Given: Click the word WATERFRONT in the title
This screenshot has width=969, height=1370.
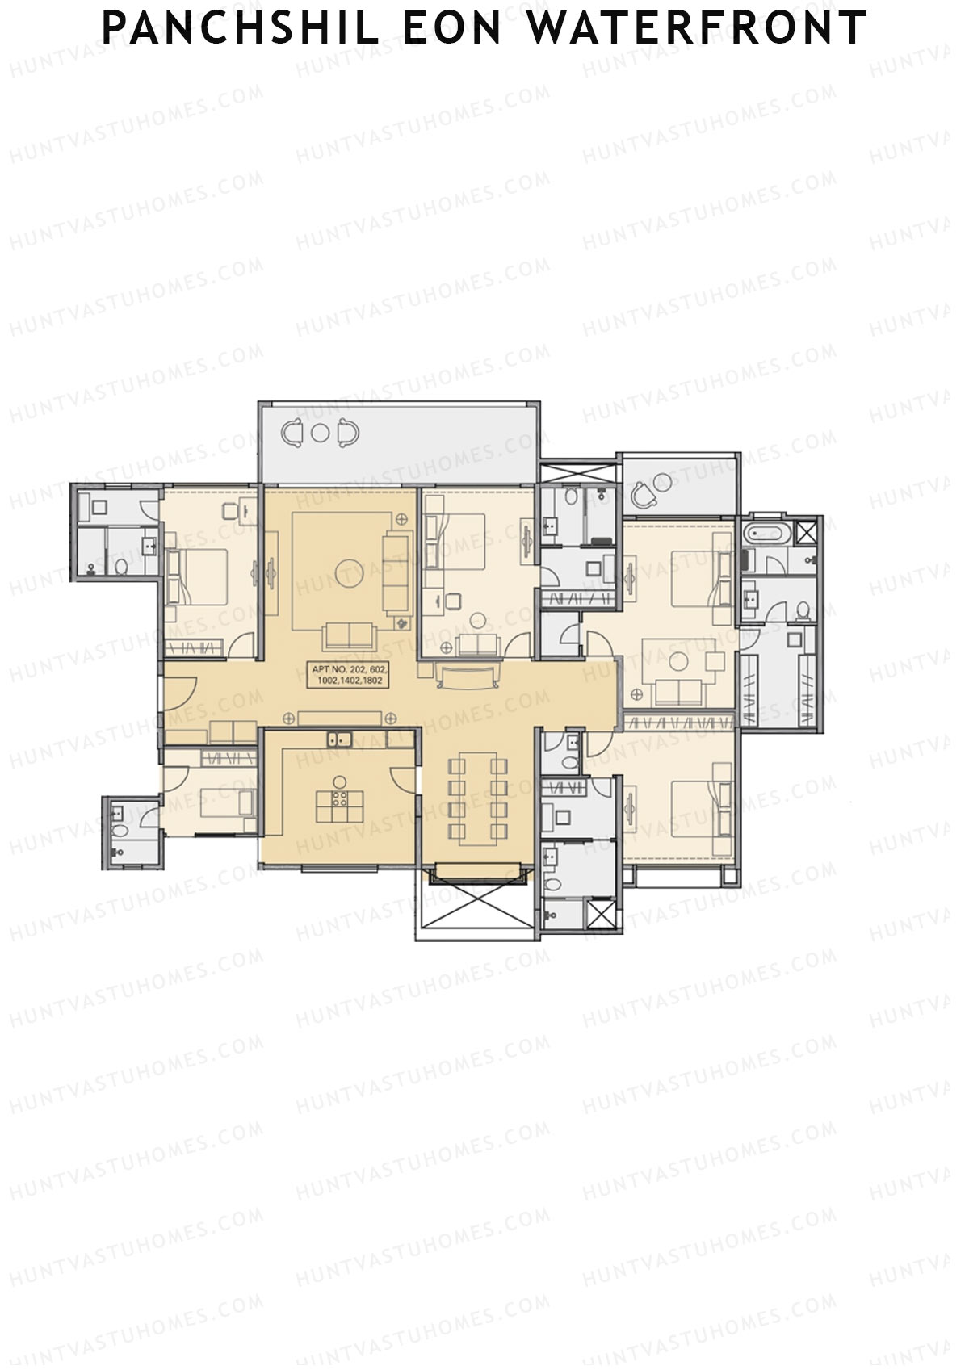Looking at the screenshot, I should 697,28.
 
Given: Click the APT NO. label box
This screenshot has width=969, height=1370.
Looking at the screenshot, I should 350,675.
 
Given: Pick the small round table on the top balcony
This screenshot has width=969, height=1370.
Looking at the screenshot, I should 320,433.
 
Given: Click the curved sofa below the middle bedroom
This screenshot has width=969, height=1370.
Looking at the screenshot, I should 467,677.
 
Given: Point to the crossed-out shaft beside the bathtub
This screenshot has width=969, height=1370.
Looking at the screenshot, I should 807,532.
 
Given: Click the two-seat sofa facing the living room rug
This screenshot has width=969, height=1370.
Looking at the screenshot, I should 350,637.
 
